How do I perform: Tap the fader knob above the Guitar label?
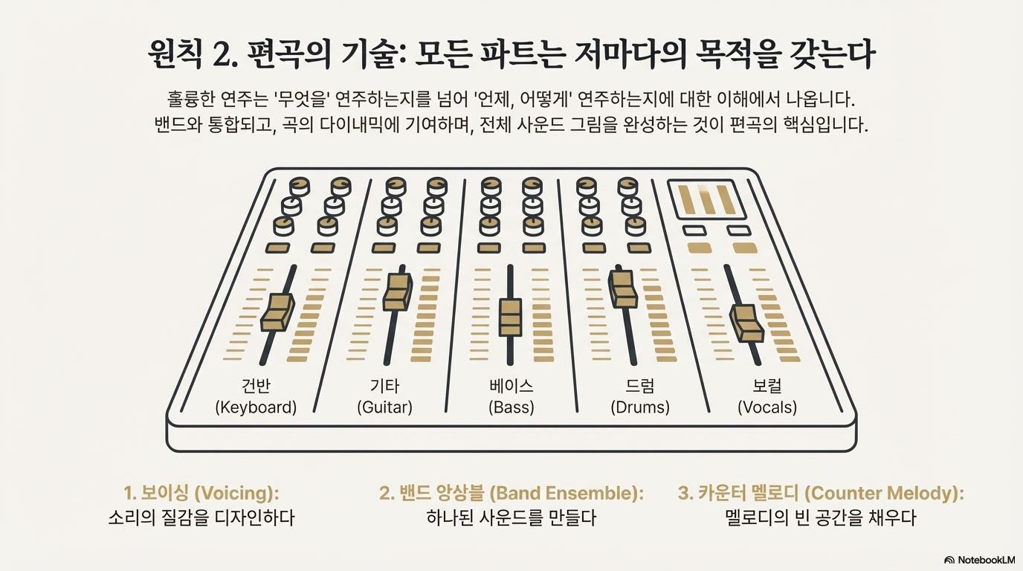tap(396, 291)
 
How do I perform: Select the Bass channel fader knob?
tap(511, 317)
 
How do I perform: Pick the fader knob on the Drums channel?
tap(622, 288)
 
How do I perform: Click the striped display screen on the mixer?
tap(707, 199)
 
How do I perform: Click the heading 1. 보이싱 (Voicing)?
tap(205, 493)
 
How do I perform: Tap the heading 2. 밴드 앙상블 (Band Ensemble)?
tap(511, 493)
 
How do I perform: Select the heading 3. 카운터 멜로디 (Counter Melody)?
tap(821, 493)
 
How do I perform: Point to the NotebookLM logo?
tap(979, 560)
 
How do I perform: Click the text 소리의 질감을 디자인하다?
tap(201, 517)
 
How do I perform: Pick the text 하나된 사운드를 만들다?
tap(511, 517)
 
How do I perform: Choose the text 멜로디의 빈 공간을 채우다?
tap(820, 517)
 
